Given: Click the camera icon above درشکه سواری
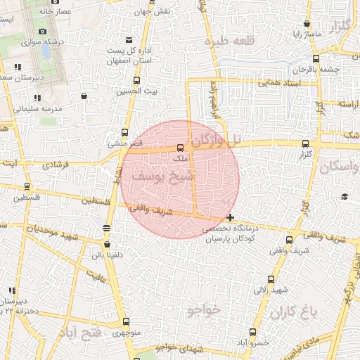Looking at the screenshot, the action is pos(43,32).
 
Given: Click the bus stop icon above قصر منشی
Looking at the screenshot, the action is pos(124,132).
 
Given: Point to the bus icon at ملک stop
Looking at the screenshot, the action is pos(181,148).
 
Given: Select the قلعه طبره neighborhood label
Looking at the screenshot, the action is pos(227,43).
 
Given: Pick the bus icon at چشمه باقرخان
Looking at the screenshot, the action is pos(315,59).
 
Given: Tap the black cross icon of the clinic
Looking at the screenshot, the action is pos(231,217).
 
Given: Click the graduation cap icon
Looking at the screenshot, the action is pos(344,196).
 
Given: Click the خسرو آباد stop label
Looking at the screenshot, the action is pos(252,342).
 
